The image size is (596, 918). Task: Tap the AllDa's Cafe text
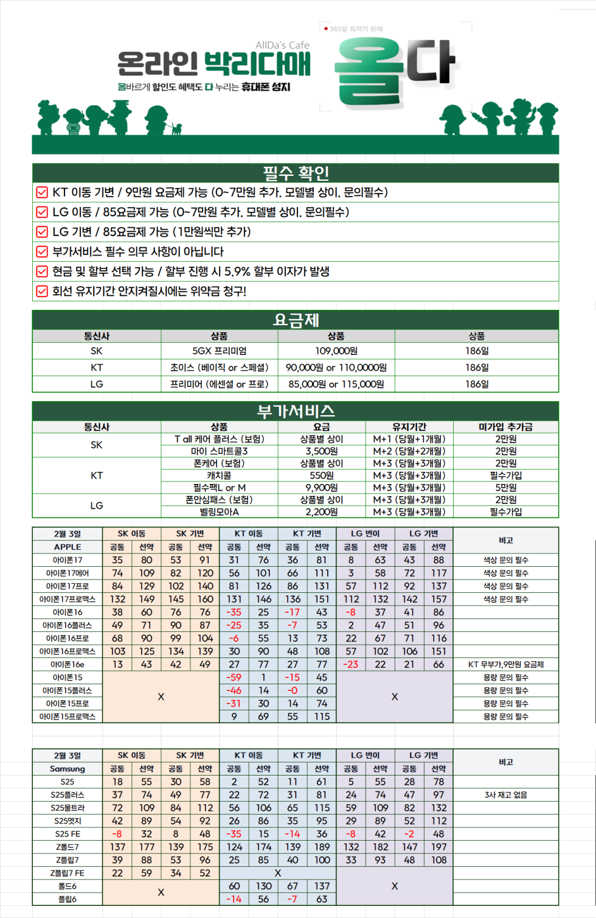click(x=282, y=45)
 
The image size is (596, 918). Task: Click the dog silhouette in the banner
click(x=176, y=128)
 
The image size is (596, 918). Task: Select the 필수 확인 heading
click(x=296, y=173)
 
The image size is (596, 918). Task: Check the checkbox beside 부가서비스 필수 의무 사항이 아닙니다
click(x=42, y=251)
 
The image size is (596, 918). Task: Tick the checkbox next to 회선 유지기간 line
click(x=42, y=291)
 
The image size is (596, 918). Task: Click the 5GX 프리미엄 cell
click(x=220, y=351)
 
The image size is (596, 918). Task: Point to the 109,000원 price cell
click(x=336, y=351)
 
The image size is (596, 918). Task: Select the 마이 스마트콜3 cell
click(x=220, y=451)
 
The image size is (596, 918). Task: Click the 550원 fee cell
click(x=322, y=475)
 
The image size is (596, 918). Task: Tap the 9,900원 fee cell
click(x=322, y=488)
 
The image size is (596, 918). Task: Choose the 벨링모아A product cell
click(x=220, y=512)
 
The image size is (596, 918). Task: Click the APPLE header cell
click(x=68, y=547)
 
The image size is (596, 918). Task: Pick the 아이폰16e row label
click(x=68, y=664)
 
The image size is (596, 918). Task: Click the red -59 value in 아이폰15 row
click(x=234, y=677)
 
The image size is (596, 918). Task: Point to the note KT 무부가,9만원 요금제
click(x=506, y=664)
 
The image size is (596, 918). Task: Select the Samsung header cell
click(x=68, y=768)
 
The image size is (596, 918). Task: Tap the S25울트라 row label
click(x=68, y=808)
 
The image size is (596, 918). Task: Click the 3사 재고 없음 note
click(x=506, y=794)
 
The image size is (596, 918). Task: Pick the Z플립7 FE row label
click(x=68, y=873)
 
